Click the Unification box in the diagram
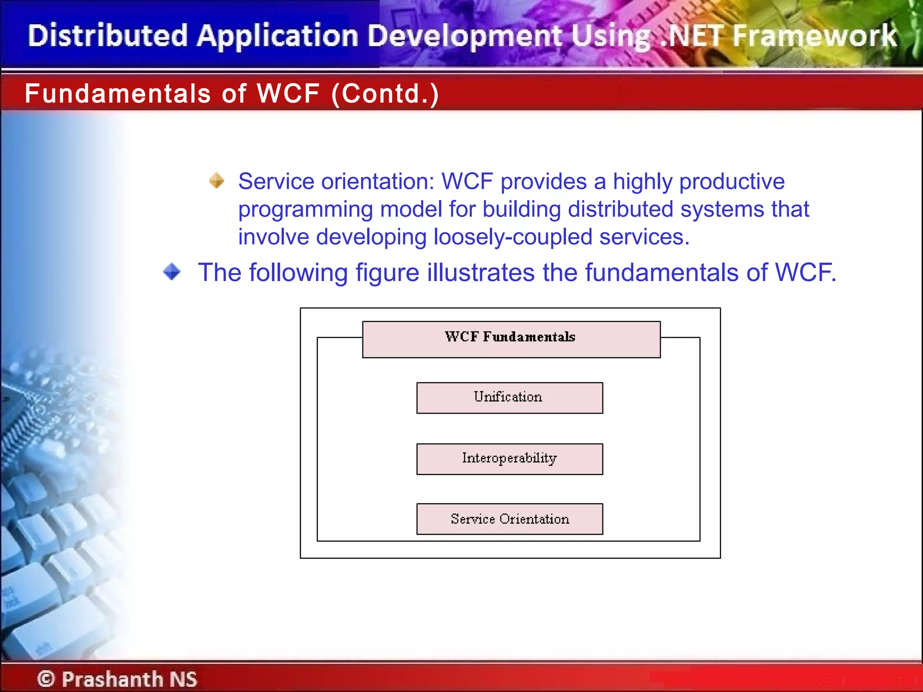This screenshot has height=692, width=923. [x=509, y=397]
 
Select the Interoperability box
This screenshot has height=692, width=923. [x=509, y=459]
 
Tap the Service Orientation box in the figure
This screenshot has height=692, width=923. [x=509, y=519]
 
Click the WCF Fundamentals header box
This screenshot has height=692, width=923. [x=511, y=339]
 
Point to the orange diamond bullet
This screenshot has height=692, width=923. [x=217, y=181]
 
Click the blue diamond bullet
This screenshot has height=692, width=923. [x=172, y=272]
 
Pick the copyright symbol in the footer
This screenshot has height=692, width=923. [x=46, y=678]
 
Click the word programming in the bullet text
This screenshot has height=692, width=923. [x=305, y=210]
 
